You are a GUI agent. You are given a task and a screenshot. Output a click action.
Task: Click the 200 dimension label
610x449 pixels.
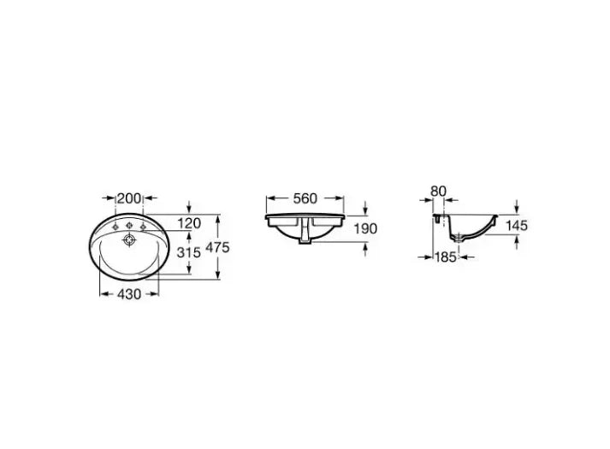tap(129, 198)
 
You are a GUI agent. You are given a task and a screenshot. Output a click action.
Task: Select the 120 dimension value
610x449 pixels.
tap(189, 223)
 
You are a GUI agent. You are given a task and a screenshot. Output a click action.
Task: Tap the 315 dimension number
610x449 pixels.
tap(189, 252)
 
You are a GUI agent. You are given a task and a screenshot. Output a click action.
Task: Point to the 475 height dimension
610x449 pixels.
tap(217, 247)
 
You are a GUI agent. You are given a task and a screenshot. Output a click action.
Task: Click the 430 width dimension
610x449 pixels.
tap(129, 294)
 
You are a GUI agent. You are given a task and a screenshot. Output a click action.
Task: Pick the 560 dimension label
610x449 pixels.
tap(305, 198)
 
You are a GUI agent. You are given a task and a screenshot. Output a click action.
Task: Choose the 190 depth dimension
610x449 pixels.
tap(365, 228)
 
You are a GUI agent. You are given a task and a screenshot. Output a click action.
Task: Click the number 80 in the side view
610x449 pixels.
tap(438, 192)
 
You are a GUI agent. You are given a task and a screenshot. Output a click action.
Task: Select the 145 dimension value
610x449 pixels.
tap(517, 226)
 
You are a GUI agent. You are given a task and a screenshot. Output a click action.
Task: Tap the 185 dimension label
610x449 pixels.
tap(446, 257)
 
